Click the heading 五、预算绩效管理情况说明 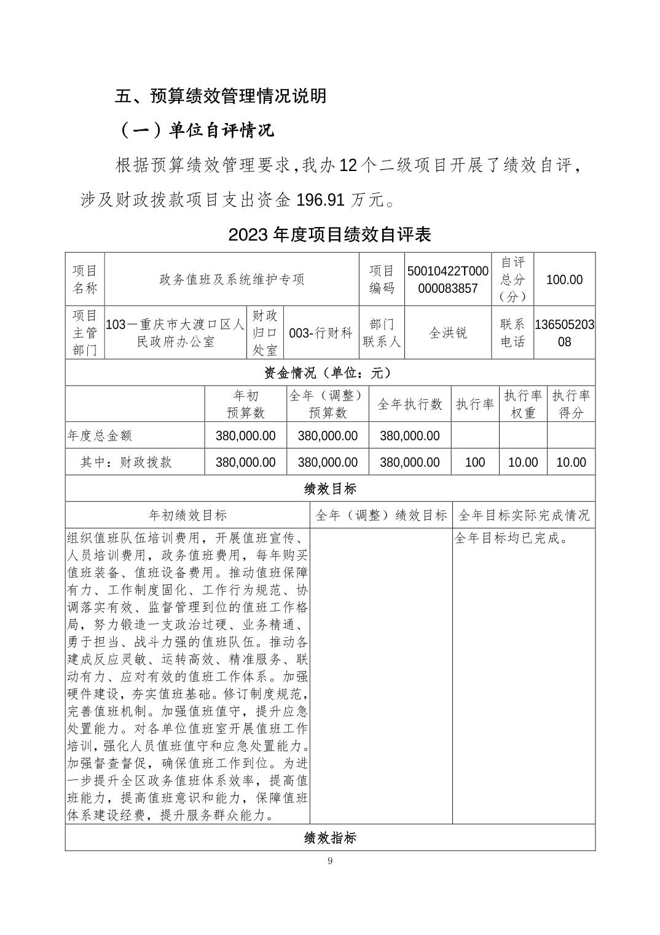(221, 96)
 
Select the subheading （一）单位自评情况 (196, 131)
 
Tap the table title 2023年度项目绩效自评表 (329, 234)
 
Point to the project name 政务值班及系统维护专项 (232, 279)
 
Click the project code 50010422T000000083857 (448, 279)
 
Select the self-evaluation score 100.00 (564, 279)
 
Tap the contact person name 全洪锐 (448, 333)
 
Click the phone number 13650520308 (564, 333)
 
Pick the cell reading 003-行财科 (321, 333)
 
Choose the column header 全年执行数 (409, 404)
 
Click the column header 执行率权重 (523, 404)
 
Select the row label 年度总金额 (100, 436)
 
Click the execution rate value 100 (475, 462)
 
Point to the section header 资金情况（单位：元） (329, 373)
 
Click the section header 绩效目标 (329, 489)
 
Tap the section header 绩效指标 (329, 838)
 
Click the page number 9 (330, 861)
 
